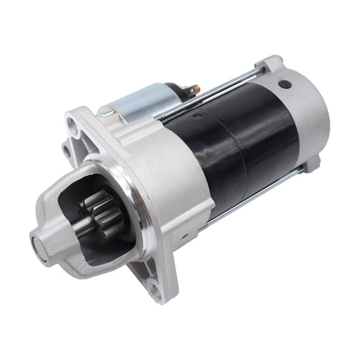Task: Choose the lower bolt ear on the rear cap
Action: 311,163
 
